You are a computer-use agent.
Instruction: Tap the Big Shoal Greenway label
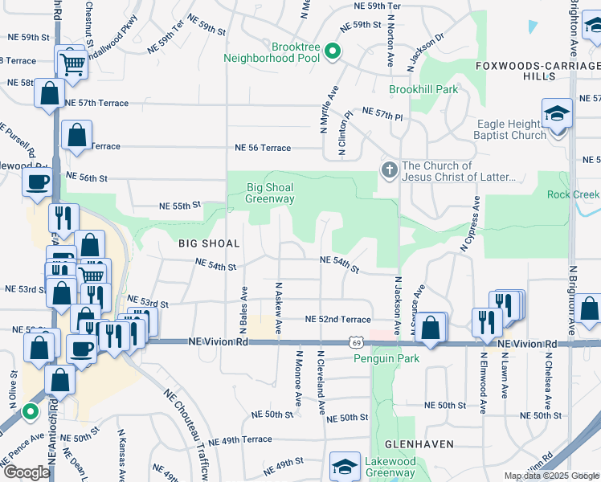269,193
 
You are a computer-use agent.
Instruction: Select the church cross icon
389,170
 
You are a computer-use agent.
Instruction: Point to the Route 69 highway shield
354,342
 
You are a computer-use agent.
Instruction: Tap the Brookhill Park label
423,89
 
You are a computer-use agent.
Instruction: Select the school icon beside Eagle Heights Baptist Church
557,113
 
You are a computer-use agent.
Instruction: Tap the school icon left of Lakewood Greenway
345,466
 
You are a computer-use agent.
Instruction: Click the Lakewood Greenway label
390,468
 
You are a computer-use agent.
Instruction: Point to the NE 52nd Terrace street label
337,320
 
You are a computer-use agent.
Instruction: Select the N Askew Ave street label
279,308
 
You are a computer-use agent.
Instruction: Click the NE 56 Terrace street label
262,148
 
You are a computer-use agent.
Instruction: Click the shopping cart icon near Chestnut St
72,61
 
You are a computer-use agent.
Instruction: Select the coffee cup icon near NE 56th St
38,182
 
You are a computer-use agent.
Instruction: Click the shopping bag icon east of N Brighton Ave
589,308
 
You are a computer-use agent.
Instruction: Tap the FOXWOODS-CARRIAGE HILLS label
538,70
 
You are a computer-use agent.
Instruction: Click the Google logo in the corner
27,472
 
